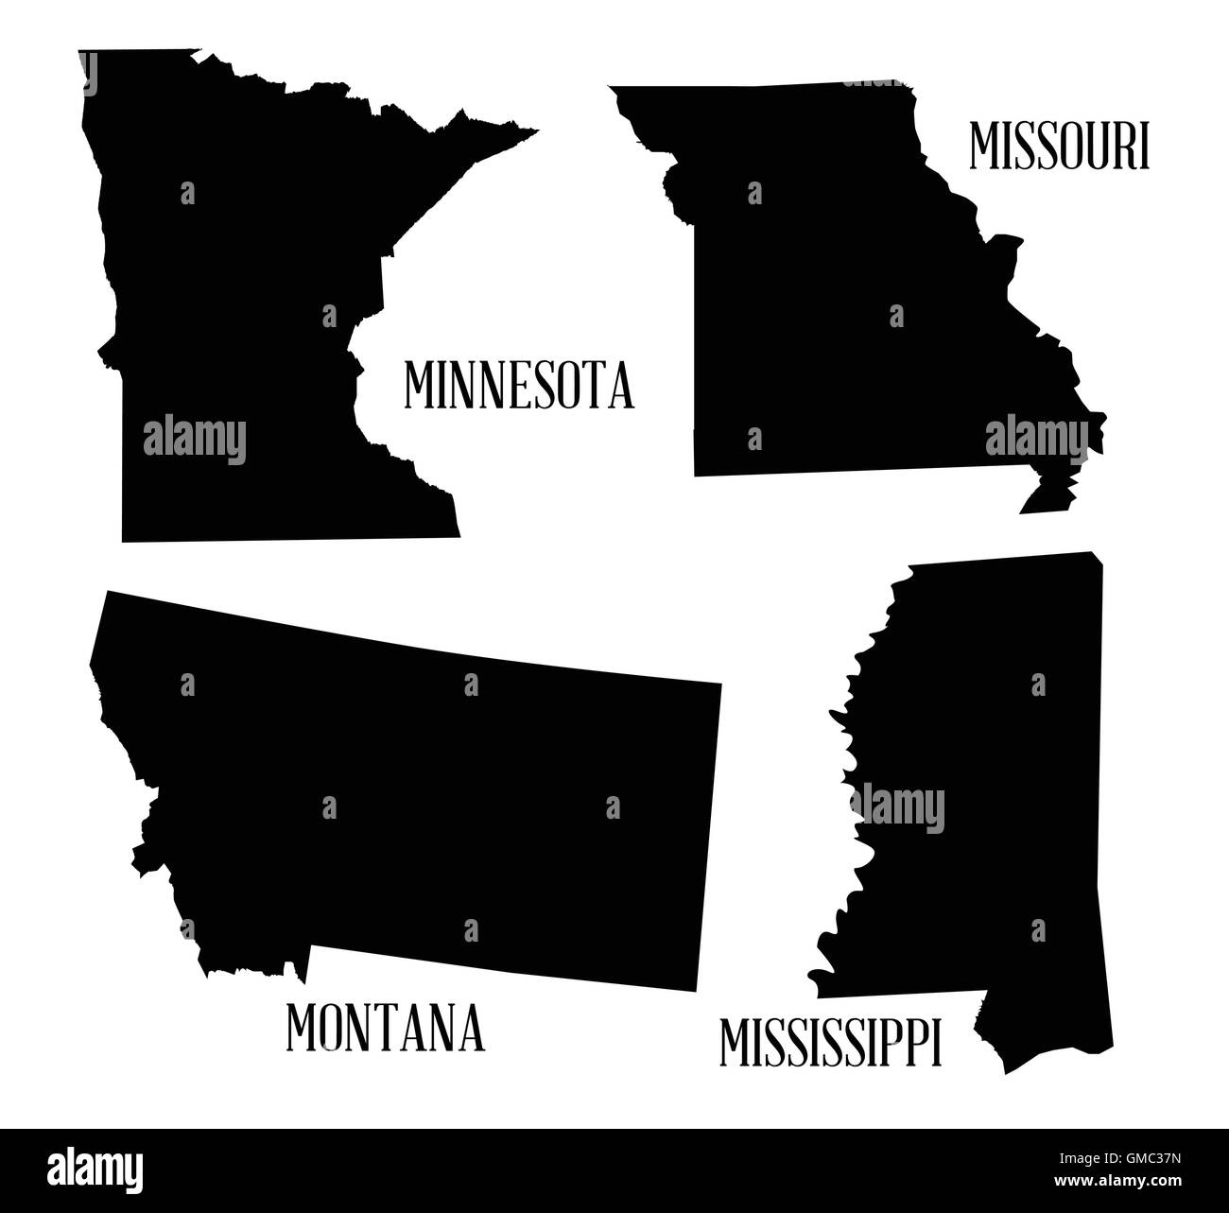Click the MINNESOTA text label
519,385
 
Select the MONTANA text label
385,1030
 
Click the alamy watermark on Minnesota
195,441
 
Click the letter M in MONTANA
303,1030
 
